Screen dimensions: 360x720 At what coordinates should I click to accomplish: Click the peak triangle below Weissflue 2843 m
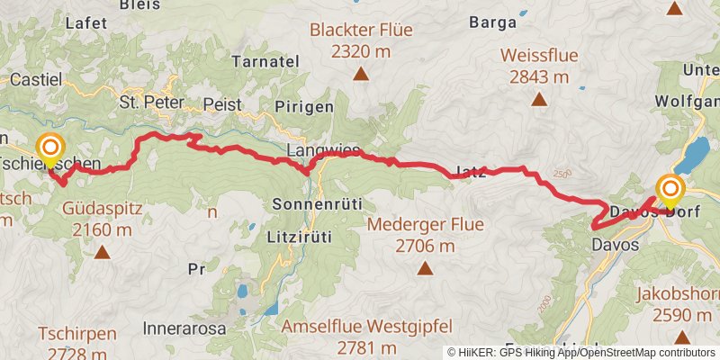point(539,101)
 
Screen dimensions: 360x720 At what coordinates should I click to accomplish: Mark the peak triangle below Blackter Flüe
point(360,74)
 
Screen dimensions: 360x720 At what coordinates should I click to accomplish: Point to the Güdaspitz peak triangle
point(103,254)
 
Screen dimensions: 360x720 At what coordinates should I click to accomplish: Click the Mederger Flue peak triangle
point(424,267)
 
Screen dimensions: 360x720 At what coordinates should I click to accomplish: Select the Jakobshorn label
point(674,293)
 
